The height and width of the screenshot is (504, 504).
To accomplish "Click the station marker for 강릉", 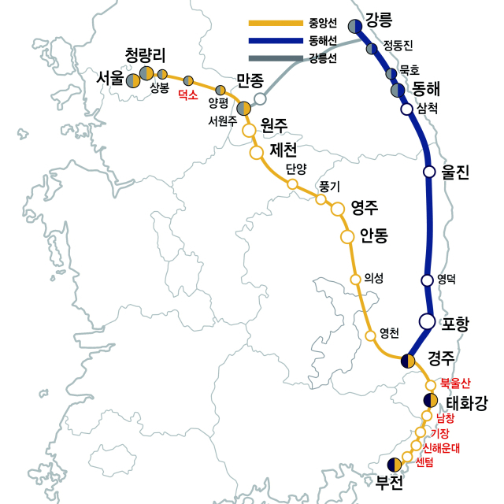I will point(355,27).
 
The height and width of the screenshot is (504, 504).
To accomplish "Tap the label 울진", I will point(455,171).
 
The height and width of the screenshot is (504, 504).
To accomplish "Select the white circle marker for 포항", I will point(427,321).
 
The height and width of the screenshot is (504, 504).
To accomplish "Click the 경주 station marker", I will point(408,361).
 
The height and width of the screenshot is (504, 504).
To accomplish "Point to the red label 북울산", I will point(455,384).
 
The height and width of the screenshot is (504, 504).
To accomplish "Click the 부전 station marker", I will point(395,465).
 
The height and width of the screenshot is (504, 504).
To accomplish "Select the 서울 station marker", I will point(133,80).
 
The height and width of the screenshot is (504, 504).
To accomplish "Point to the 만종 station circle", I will point(260,99).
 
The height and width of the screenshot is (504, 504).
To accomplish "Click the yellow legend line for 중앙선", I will point(275,23).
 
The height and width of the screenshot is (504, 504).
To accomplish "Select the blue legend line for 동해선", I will point(275,40).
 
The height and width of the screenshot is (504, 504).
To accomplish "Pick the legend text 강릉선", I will point(325,57).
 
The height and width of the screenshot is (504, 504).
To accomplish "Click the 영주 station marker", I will point(338,209).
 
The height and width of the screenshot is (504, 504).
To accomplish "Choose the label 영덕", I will point(447,279).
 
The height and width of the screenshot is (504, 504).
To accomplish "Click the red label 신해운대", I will point(441,447).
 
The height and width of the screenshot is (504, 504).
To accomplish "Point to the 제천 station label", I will point(283,150).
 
